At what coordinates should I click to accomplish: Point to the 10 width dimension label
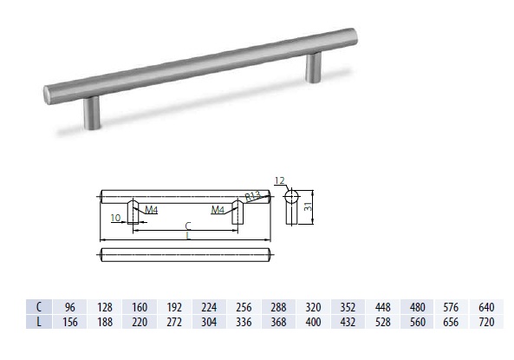pos(115,218)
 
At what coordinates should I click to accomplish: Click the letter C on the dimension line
pos(188,226)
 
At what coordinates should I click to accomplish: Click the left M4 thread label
pos(151,210)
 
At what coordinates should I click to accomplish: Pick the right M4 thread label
pos(218,210)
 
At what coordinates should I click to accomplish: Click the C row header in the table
pos(38,306)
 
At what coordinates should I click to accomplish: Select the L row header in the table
pos(38,322)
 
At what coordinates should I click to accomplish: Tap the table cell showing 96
pos(69,306)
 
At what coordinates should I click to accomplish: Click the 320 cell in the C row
pos(313,306)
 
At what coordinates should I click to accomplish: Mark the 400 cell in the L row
pos(313,322)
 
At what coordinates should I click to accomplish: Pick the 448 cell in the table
pos(381,306)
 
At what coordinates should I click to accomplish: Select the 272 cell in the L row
pos(174,322)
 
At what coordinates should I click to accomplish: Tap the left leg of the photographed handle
pos(92,112)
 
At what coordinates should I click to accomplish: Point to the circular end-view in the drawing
pos(292,194)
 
